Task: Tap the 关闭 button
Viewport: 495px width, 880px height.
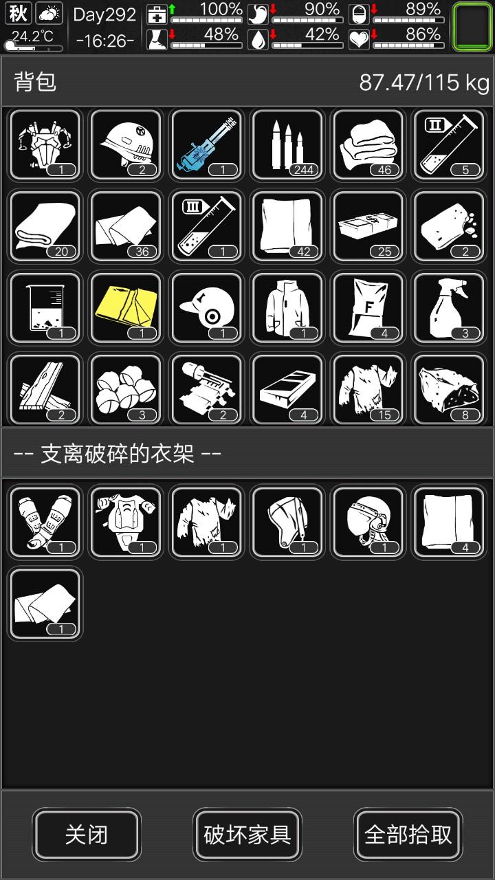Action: [87, 835]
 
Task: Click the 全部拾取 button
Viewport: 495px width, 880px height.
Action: [408, 835]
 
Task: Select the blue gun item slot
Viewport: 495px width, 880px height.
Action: [207, 145]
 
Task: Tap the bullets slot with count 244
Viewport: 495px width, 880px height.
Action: [287, 145]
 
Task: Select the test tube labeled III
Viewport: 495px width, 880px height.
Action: [207, 227]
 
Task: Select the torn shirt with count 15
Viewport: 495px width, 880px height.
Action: [368, 390]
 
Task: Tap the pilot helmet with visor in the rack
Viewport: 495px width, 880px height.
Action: [368, 522]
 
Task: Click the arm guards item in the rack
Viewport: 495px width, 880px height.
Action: [45, 522]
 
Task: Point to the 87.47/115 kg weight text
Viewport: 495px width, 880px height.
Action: [424, 83]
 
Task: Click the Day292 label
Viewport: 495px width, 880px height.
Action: [104, 15]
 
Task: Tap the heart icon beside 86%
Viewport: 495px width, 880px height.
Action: [359, 39]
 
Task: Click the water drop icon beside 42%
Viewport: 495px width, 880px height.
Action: [258, 39]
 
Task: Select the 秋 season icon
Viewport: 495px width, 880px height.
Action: [18, 13]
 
